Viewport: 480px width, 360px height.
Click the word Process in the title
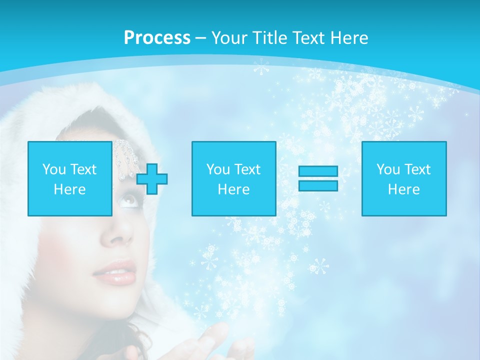tap(157, 38)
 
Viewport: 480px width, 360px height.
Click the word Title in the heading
tap(268, 38)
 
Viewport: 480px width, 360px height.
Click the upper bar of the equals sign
tap(318, 171)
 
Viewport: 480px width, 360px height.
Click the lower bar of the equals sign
tap(318, 185)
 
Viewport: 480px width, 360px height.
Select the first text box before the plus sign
tap(70, 178)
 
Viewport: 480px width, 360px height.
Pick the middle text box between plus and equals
tap(233, 178)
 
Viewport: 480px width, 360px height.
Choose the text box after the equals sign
tap(404, 178)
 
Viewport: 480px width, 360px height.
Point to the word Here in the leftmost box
tap(70, 189)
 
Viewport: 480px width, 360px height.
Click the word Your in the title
tap(226, 38)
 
